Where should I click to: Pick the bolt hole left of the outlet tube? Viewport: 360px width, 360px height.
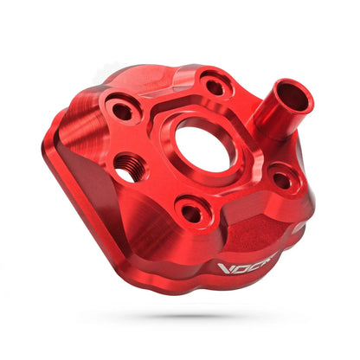(212, 86)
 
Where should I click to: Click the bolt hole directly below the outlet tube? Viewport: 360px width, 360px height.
(280, 180)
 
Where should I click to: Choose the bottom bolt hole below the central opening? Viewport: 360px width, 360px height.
(191, 210)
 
